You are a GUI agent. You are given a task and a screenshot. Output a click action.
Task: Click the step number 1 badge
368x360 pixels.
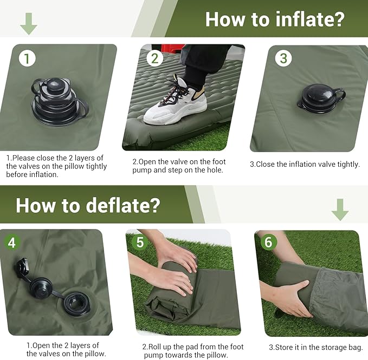tap(27, 58)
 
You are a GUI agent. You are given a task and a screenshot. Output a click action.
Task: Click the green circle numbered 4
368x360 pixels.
tap(11, 242)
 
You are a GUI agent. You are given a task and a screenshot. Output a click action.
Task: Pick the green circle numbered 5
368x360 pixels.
tap(140, 242)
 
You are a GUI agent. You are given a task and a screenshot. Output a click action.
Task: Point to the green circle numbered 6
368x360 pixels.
tap(268, 242)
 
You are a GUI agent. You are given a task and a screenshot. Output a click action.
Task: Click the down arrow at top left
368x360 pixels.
tap(28, 23)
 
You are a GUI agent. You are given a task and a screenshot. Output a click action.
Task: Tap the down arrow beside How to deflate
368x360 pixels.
tap(340, 209)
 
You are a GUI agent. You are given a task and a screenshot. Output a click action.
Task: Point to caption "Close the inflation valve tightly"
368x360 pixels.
tap(305, 164)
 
